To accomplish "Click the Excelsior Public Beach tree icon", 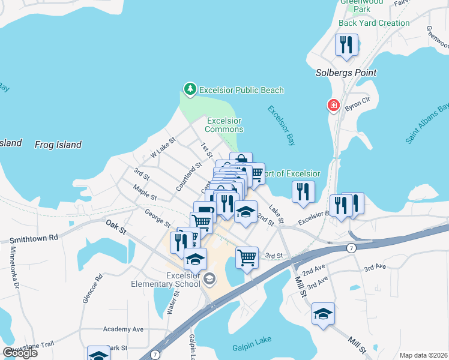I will pyautogui.click(x=190, y=89).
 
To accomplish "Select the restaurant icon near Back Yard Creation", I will pyautogui.click(x=347, y=45).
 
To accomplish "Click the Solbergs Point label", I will pyautogui.click(x=346, y=73).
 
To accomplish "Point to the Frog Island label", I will pyautogui.click(x=58, y=145).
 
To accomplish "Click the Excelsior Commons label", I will pyautogui.click(x=224, y=125).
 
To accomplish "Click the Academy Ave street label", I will pyautogui.click(x=123, y=329).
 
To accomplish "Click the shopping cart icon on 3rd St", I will pyautogui.click(x=247, y=257).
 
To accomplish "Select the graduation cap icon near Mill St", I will pyautogui.click(x=323, y=313).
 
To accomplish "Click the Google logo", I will pyautogui.click(x=20, y=353).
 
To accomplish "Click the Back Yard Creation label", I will pyautogui.click(x=374, y=23).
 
